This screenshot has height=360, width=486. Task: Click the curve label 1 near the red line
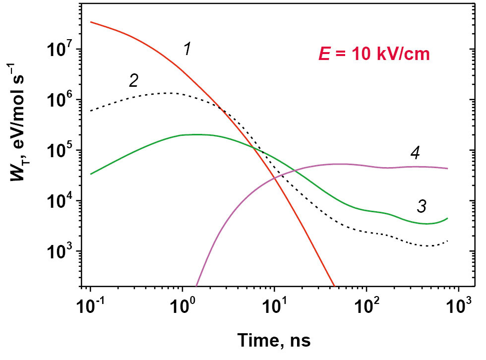click(x=187, y=50)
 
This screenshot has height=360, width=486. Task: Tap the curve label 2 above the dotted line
click(x=133, y=80)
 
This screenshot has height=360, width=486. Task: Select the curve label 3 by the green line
click(x=421, y=206)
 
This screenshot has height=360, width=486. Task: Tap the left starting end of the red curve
click(x=91, y=22)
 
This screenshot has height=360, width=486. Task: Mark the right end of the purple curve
click(x=448, y=169)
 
